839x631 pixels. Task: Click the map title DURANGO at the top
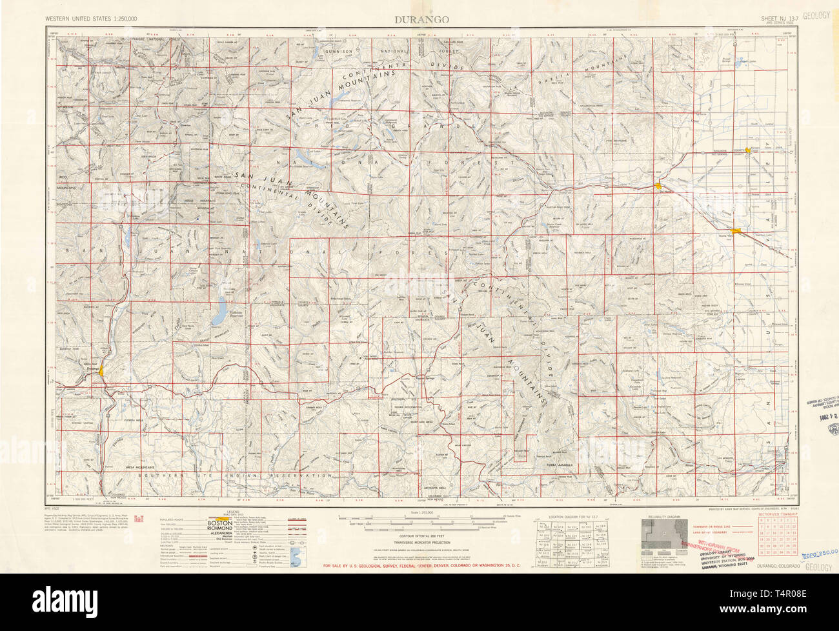422,19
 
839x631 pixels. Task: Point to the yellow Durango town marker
102,370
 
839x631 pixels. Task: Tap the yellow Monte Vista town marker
736,230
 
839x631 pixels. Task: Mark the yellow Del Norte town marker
658,186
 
